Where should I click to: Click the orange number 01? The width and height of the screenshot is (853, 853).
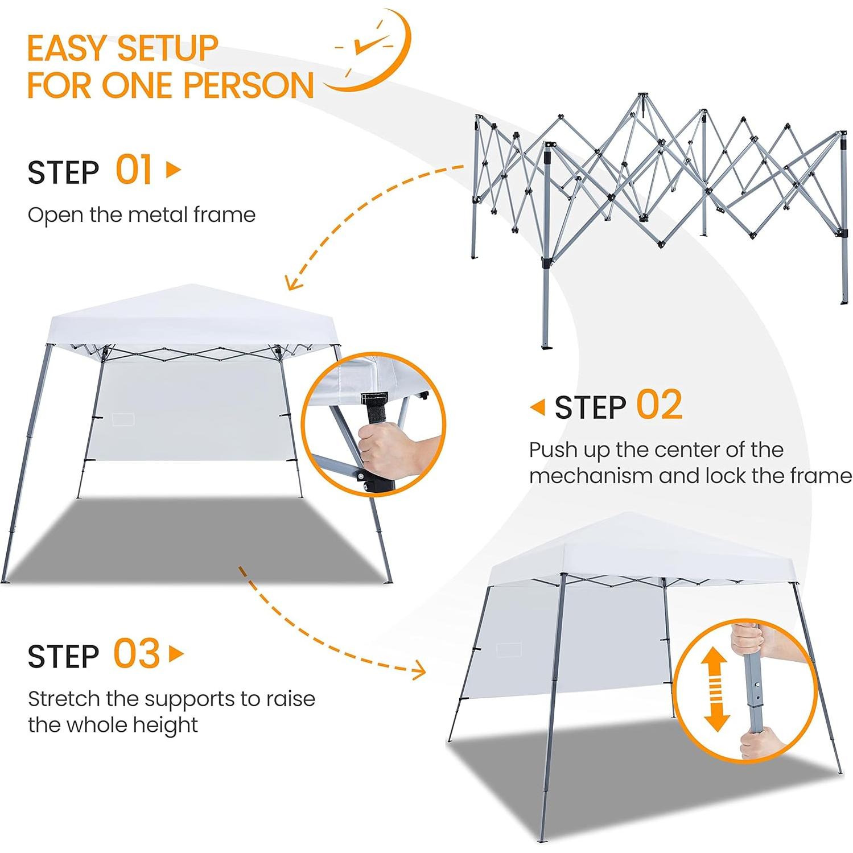point(134,170)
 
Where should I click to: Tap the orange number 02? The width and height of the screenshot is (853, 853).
point(659,405)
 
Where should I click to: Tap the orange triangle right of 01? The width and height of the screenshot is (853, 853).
point(173,170)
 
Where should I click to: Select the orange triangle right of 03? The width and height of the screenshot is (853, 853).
point(176,654)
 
